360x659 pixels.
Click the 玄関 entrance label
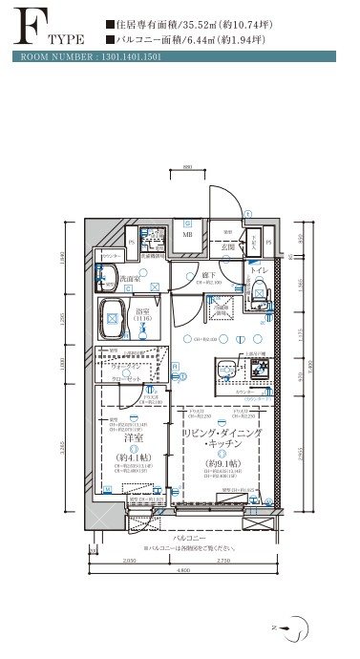[226, 246]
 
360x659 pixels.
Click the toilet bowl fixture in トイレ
[257, 296]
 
